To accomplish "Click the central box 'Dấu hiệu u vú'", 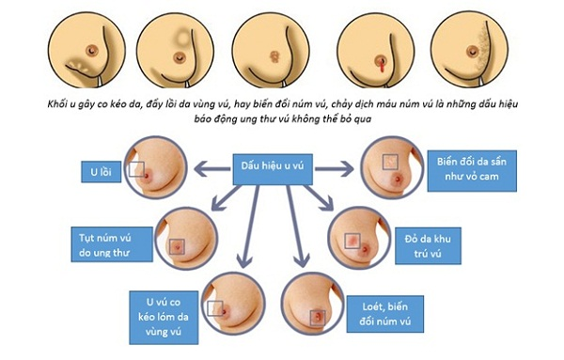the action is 273,169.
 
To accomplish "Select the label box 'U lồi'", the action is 102,172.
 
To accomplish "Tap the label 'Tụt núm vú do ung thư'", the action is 112,244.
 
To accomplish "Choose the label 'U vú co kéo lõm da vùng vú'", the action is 164,317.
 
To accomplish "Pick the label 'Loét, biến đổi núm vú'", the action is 384,314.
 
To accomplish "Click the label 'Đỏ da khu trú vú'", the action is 428,246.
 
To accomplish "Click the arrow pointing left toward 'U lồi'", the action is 212,168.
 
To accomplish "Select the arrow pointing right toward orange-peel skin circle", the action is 334,168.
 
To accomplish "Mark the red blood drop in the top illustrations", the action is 382,66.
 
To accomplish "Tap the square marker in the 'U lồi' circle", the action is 136,169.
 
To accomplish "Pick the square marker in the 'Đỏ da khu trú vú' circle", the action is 352,241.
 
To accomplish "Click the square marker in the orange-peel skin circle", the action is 390,163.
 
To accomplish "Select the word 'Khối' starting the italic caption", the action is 56,104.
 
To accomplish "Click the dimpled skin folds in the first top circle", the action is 77,65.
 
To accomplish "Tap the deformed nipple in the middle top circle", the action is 274,56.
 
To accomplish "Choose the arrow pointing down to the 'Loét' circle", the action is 297,227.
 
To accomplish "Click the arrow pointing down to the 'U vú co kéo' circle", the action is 249,227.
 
